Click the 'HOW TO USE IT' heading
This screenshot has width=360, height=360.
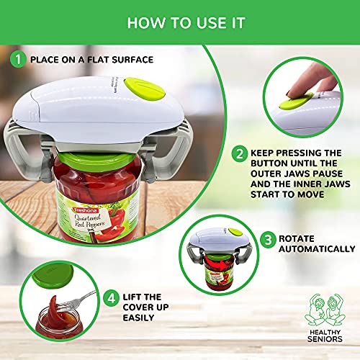point(179,22)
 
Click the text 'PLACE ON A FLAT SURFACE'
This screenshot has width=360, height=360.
point(91,59)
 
